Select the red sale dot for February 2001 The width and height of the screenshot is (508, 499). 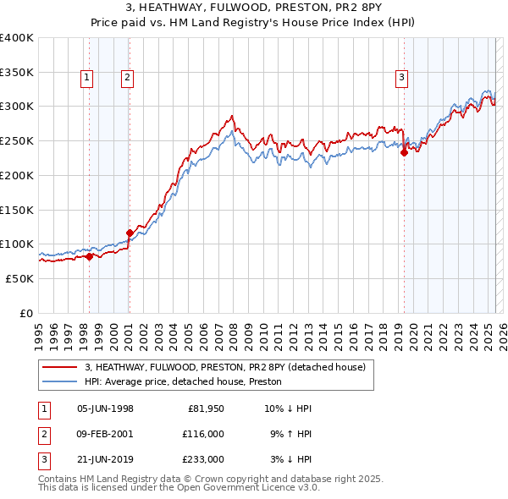[130, 233]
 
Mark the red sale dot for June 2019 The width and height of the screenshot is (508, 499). [404, 152]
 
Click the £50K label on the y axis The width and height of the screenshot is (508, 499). [19, 278]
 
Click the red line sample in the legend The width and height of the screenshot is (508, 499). [59, 368]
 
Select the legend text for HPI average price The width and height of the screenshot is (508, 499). [188, 382]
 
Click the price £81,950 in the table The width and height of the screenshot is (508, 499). [202, 409]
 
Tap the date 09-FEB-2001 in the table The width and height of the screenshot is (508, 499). [105, 434]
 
